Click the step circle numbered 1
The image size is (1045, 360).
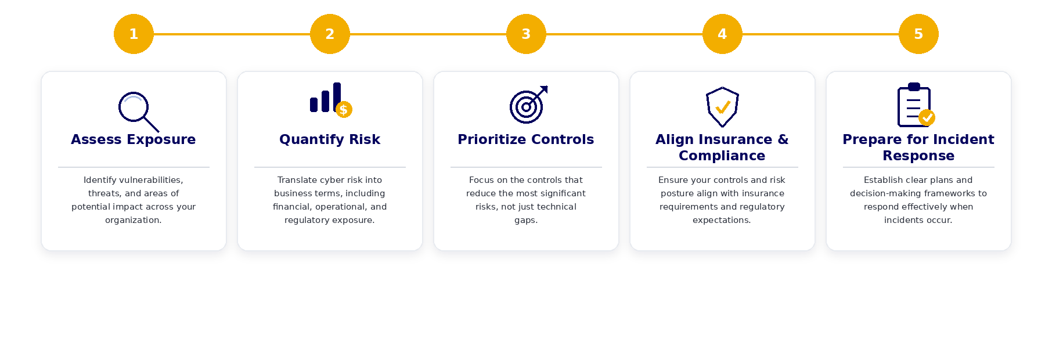[x=134, y=34]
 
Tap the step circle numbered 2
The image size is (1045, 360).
[x=330, y=34]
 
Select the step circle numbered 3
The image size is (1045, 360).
[x=526, y=34]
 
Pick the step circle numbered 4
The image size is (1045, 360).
[x=722, y=34]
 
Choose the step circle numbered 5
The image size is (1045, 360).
[x=918, y=34]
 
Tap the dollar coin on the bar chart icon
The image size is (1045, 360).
[x=344, y=109]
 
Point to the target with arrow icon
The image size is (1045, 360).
[x=528, y=105]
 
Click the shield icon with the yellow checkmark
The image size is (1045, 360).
[x=722, y=107]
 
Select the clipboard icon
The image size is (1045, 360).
[x=916, y=105]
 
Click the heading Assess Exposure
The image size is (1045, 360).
[x=134, y=139]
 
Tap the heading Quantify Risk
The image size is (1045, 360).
[x=330, y=139]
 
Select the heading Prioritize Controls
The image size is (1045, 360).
[x=526, y=139]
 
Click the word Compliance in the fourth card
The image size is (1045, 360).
[x=722, y=156]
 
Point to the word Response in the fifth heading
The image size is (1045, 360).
[x=918, y=156]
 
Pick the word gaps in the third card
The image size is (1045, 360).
[x=526, y=221]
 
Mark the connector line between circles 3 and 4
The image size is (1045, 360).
[x=624, y=34]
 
